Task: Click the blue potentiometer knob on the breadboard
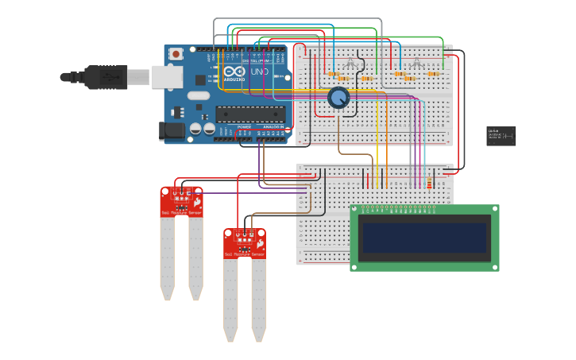(x=338, y=98)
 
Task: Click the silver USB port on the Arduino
(x=168, y=76)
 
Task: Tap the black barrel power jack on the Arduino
(x=172, y=131)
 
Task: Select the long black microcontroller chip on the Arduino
(x=249, y=114)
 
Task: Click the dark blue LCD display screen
(x=423, y=238)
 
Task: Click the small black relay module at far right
(x=501, y=136)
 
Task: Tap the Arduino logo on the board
(x=234, y=72)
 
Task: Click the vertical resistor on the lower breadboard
(x=430, y=184)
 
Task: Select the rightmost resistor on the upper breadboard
(x=434, y=74)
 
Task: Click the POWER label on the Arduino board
(x=245, y=126)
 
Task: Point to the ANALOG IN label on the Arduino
(x=273, y=126)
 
